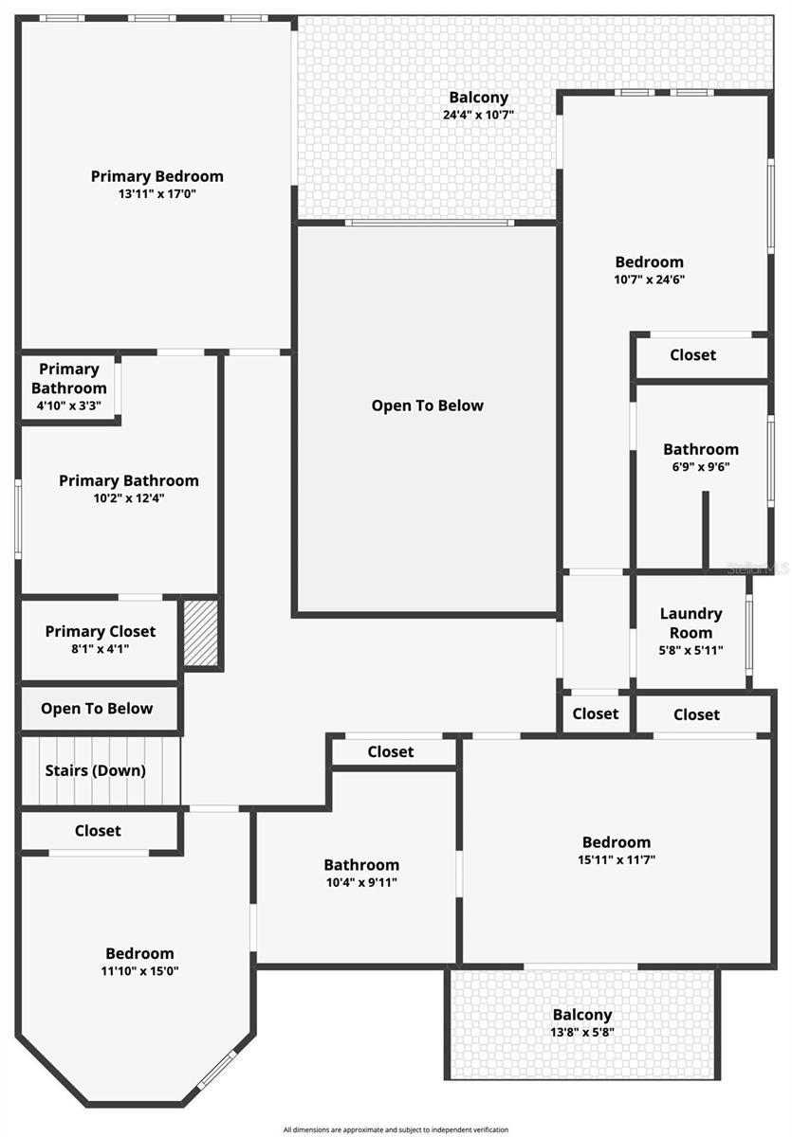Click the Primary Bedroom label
pyautogui.click(x=157, y=176)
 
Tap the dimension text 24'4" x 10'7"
pyautogui.click(x=478, y=115)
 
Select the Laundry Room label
pyautogui.click(x=691, y=623)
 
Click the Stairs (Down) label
pyautogui.click(x=96, y=770)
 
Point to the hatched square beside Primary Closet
pyautogui.click(x=201, y=633)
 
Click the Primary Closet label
pyautogui.click(x=101, y=631)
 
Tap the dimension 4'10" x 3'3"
pyautogui.click(x=68, y=406)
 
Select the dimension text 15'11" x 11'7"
pyautogui.click(x=617, y=859)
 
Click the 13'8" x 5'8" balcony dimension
pyautogui.click(x=582, y=1032)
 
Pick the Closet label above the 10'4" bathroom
pyautogui.click(x=390, y=751)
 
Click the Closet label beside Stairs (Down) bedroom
pyautogui.click(x=98, y=830)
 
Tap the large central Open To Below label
pyautogui.click(x=427, y=406)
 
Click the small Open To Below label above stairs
pyautogui.click(x=97, y=708)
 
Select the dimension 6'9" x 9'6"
pyautogui.click(x=701, y=466)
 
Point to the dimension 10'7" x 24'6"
pyautogui.click(x=649, y=280)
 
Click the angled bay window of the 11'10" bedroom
pyautogui.click(x=217, y=1070)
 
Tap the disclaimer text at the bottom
pyautogui.click(x=396, y=1129)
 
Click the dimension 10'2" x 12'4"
pyautogui.click(x=129, y=498)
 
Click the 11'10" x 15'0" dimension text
pyautogui.click(x=139, y=970)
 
